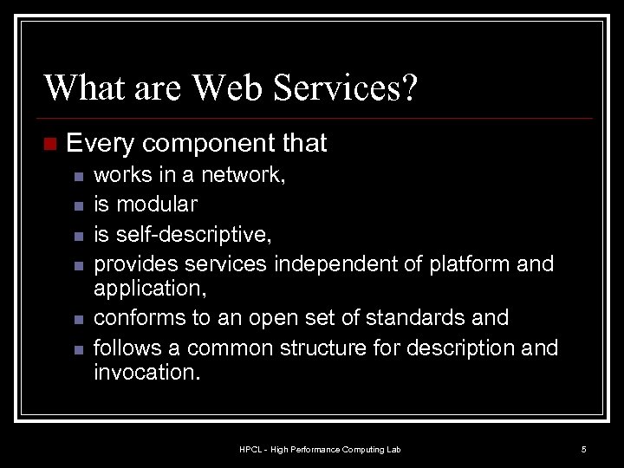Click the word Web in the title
pos(226,88)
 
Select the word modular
pos(156,205)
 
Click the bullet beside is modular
pos(77,206)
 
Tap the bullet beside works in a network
pos(77,176)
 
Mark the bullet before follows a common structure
pos(77,350)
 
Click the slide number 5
pos(583,449)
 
